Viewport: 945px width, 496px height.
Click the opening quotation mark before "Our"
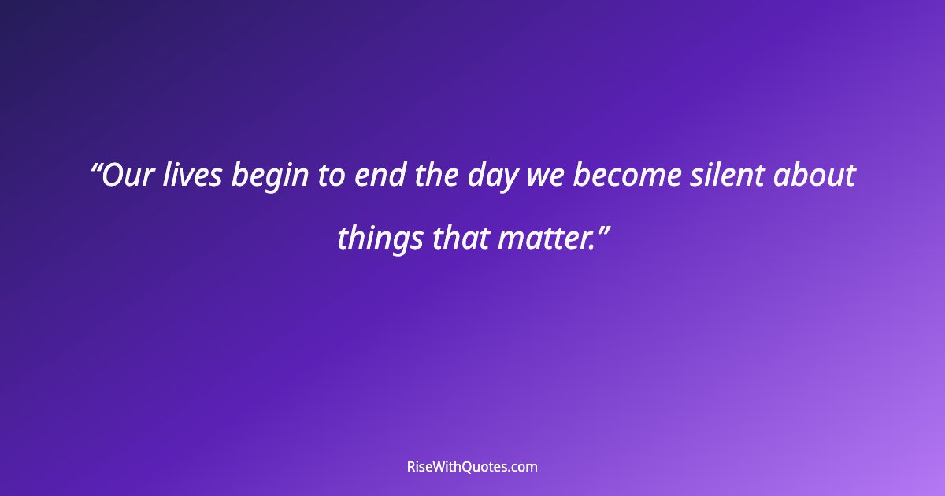click(x=97, y=168)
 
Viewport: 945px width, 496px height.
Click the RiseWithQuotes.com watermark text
click(x=472, y=467)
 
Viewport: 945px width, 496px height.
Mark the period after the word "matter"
click(x=591, y=246)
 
